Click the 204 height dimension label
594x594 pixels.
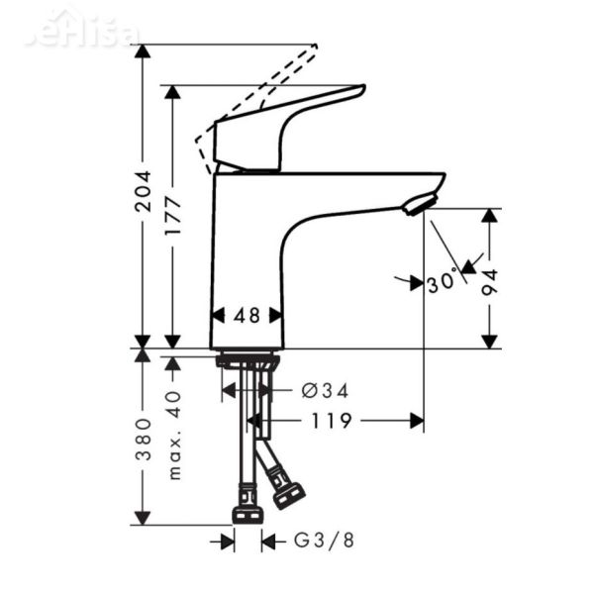(144, 190)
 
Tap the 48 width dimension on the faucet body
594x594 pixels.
(247, 316)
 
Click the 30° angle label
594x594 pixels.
(445, 281)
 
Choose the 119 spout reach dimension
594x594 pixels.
(331, 421)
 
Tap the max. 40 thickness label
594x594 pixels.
(174, 434)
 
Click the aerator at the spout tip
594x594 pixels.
(417, 205)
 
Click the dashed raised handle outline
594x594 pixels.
(267, 79)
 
